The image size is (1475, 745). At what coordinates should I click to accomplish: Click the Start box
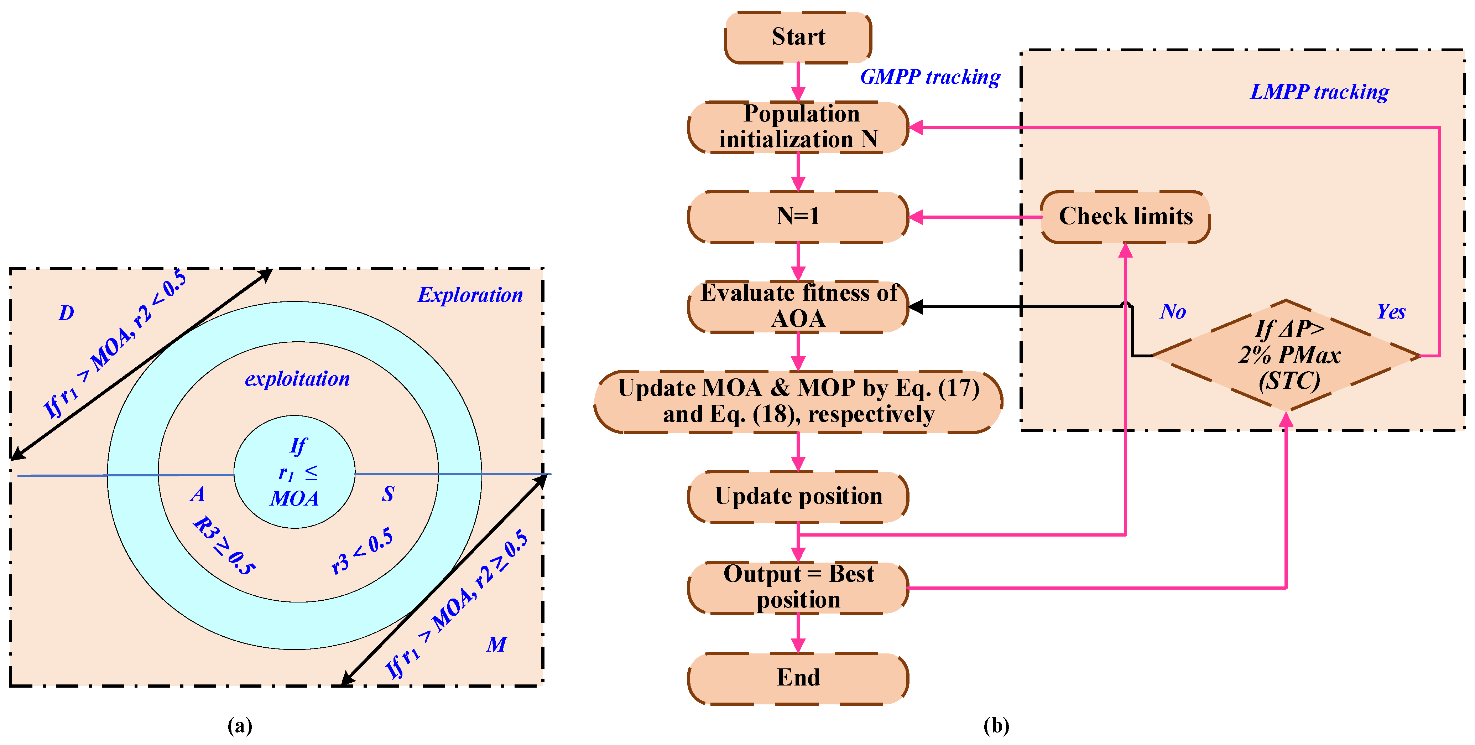pos(798,37)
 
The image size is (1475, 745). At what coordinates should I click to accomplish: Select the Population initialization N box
pos(798,126)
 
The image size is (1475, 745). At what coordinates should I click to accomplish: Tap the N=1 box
pos(798,217)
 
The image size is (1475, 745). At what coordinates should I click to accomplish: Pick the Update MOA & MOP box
pos(798,401)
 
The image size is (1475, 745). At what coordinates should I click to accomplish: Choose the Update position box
pos(798,496)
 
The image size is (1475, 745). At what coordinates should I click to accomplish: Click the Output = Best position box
pos(798,588)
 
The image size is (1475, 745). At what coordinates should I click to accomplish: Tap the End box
pos(798,678)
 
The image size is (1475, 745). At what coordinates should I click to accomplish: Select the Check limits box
pos(1125,217)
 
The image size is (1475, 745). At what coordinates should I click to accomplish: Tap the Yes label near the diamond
pos(1391,312)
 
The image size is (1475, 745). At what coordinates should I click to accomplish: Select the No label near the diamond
pos(1173,312)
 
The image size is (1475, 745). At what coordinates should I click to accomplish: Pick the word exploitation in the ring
pos(297,379)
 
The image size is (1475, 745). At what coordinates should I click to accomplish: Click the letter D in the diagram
pos(67,313)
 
